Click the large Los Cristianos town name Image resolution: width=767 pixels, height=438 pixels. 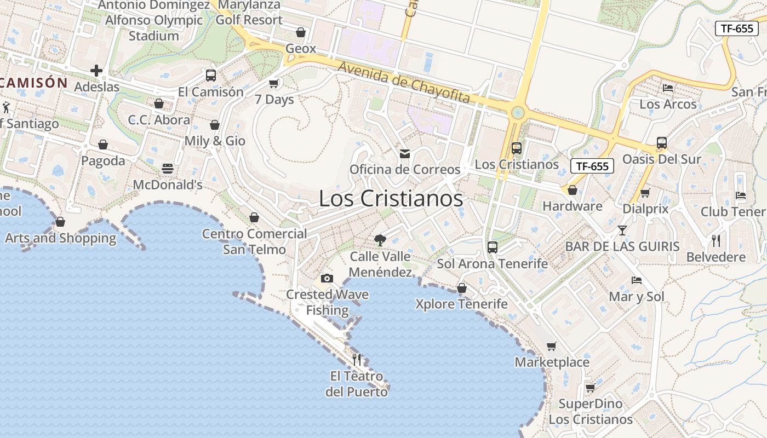click(391, 198)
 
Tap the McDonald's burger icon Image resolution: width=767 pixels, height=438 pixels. click(168, 169)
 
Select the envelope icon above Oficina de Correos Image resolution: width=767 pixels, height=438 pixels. click(405, 154)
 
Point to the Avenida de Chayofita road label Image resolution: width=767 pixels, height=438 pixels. click(404, 82)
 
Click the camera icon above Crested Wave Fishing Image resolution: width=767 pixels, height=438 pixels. click(327, 278)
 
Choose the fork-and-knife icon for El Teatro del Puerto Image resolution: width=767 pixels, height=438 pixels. click(357, 359)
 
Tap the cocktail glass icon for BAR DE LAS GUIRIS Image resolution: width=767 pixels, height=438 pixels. click(622, 230)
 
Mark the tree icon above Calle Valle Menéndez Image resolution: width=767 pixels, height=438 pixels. click(380, 240)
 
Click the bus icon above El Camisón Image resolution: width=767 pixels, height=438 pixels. click(210, 76)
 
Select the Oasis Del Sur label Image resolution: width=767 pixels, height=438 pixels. click(662, 159)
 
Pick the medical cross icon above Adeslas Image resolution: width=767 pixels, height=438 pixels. click(96, 71)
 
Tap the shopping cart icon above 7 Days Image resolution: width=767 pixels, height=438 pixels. click(274, 84)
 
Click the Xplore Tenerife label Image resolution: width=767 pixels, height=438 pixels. click(461, 304)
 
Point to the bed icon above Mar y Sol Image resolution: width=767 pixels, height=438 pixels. click(636, 280)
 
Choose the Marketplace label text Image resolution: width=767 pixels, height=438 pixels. click(552, 362)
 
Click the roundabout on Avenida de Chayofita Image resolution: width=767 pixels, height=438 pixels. click(517, 113)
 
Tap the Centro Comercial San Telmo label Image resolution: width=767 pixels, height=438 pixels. click(254, 241)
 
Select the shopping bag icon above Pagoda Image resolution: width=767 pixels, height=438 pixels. click(103, 145)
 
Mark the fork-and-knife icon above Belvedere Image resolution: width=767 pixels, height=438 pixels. click(716, 240)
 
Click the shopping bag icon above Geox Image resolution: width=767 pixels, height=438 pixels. click(300, 32)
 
